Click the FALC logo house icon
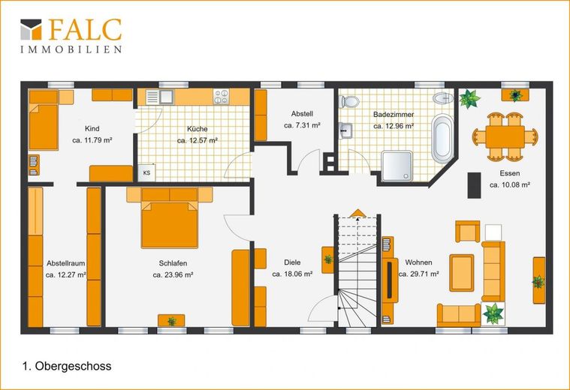(x=31, y=29)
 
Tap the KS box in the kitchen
(x=146, y=172)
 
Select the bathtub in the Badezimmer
(x=442, y=139)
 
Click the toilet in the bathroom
(x=348, y=101)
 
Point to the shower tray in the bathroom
(x=397, y=166)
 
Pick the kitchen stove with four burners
(x=221, y=97)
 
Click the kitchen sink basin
(x=167, y=97)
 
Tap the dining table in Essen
(x=505, y=136)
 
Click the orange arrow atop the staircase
(x=358, y=213)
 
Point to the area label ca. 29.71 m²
(x=418, y=274)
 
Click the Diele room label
(x=292, y=262)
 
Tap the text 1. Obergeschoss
(x=67, y=366)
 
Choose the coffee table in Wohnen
(x=462, y=273)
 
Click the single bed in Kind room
(x=44, y=120)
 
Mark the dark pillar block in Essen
(x=474, y=185)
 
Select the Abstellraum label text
(x=66, y=263)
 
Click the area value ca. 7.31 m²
(x=302, y=125)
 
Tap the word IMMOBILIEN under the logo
(x=71, y=49)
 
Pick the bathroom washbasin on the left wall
(x=345, y=130)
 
